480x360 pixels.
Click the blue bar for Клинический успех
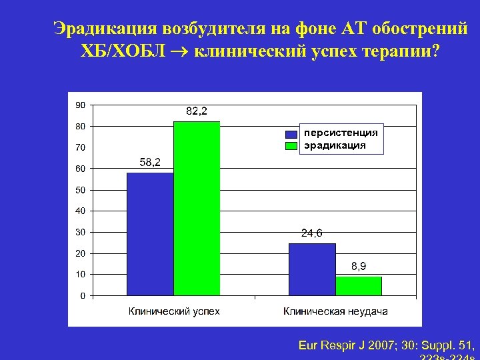(x=150, y=233)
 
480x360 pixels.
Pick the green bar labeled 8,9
(x=359, y=285)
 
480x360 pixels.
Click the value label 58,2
(x=150, y=163)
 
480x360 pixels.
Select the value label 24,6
(x=312, y=233)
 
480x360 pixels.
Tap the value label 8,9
(x=359, y=267)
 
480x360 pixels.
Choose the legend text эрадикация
(x=335, y=144)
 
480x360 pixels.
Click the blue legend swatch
(x=291, y=133)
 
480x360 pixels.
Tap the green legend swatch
(x=291, y=145)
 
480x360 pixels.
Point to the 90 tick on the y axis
(x=80, y=105)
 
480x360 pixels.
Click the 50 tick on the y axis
(x=80, y=190)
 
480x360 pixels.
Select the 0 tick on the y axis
(x=82, y=295)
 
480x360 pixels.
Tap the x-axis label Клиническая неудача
(x=335, y=311)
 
